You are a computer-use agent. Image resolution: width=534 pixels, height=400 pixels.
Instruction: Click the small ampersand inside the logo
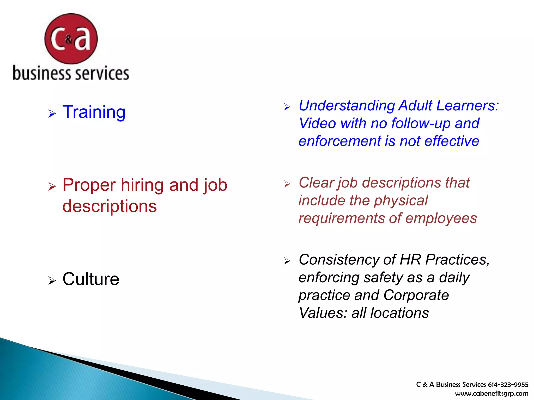coord(69,40)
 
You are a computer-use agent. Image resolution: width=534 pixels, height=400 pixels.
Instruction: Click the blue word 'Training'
coord(94,112)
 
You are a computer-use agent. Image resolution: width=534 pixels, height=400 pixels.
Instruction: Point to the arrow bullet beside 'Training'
coord(52,114)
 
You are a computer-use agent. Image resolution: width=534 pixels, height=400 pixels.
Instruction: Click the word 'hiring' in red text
coord(143,185)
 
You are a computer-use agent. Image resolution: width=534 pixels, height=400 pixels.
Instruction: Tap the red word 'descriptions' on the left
coord(110,206)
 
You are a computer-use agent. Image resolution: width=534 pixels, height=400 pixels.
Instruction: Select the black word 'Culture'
coord(91,279)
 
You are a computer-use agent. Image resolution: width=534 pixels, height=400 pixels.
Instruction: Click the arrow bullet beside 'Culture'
coord(52,281)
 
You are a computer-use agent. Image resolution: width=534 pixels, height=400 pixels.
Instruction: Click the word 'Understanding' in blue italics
coord(347,106)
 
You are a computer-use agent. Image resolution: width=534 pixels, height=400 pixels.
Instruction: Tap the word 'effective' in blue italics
coord(452,141)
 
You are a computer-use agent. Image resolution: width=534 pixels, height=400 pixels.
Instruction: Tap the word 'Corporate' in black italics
coord(416,295)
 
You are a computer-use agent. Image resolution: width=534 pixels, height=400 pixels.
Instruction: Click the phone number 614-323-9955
coord(508,385)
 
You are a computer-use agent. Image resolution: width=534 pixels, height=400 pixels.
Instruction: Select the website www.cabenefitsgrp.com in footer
coord(491,393)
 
